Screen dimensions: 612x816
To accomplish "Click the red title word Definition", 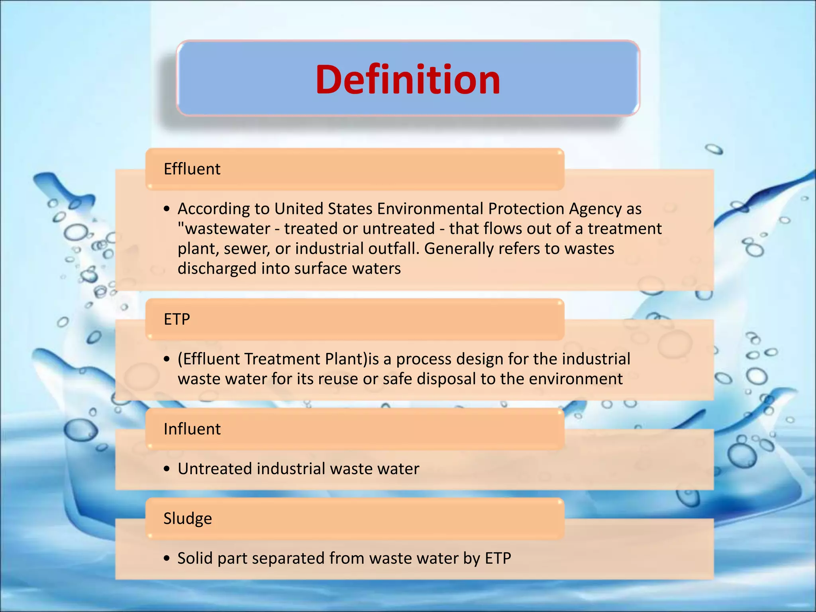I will (408, 80).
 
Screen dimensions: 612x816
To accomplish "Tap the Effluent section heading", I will (192, 169).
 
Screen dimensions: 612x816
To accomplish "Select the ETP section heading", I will (177, 319).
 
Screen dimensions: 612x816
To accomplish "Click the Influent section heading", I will (192, 429).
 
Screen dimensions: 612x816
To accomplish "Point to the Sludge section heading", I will (187, 518).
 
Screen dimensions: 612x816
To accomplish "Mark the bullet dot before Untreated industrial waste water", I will (167, 469).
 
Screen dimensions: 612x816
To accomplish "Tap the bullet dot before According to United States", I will (167, 209).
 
